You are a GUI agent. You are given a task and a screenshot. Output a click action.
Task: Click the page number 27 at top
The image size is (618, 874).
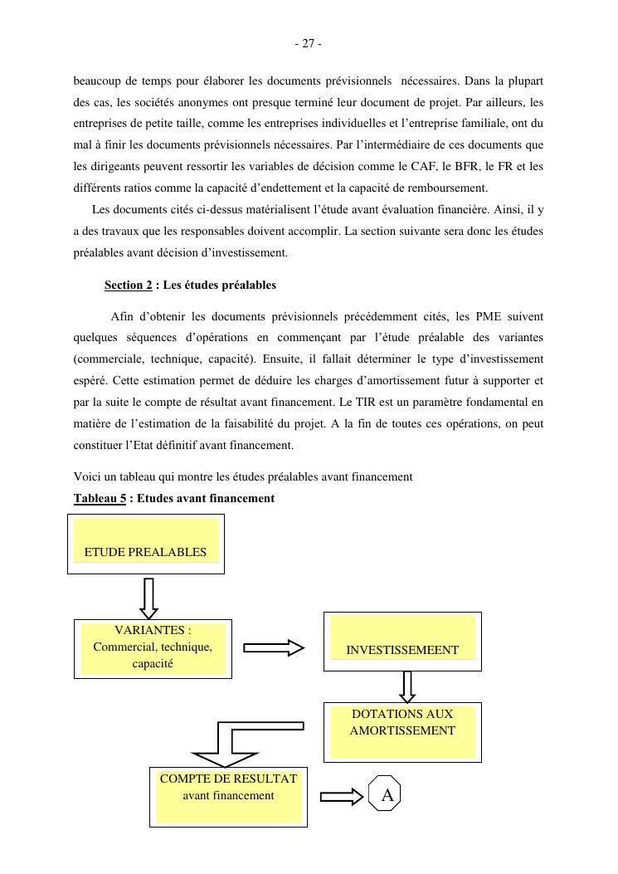point(308,44)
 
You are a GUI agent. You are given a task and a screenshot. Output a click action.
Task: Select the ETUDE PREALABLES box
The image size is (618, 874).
point(145,544)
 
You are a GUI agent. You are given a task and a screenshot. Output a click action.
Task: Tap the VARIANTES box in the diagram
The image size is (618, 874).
point(153,648)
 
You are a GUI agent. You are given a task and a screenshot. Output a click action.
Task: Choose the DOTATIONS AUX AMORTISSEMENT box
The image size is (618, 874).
point(402,731)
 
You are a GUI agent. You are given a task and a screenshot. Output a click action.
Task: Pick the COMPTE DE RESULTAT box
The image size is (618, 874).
point(228,797)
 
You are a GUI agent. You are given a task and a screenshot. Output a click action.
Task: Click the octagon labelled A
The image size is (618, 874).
point(386,796)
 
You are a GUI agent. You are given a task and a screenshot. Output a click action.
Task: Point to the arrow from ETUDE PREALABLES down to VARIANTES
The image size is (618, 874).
point(148,598)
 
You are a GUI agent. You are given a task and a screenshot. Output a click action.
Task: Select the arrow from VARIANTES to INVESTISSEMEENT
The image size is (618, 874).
point(274,648)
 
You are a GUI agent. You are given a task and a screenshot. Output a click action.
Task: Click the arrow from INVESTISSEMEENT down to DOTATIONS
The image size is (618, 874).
point(407,686)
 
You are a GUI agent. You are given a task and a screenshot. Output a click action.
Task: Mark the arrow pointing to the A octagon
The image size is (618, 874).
point(342,797)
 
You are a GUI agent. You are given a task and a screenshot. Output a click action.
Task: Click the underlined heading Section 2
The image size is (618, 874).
point(128,286)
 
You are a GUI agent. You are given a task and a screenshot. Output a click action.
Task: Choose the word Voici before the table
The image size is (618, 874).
point(87,477)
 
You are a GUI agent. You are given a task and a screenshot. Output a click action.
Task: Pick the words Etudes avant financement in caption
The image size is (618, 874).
point(205,499)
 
